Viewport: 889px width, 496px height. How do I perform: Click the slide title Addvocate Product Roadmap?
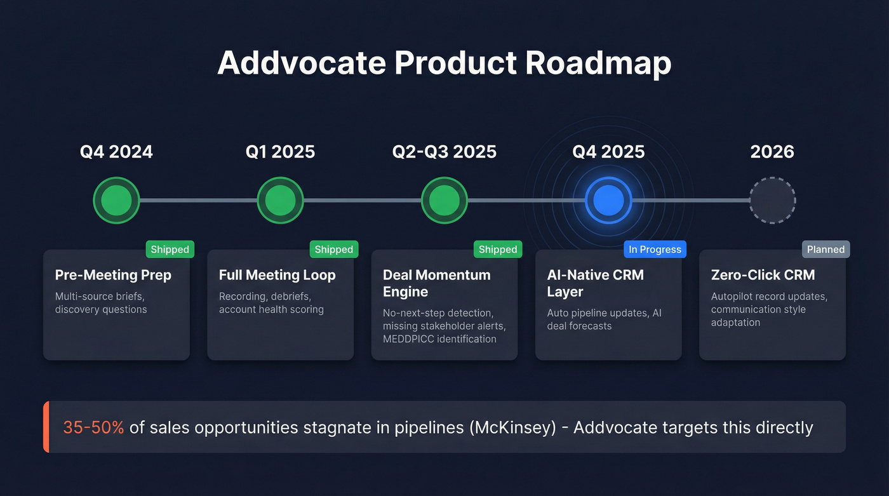444,64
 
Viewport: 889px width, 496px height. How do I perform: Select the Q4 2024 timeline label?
116,152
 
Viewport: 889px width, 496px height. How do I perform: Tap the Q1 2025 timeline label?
280,152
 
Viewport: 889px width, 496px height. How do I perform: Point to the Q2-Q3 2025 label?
444,152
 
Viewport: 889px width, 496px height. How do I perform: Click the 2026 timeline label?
772,152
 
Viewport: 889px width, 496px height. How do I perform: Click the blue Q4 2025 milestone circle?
608,201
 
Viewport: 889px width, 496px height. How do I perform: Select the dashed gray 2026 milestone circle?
772,201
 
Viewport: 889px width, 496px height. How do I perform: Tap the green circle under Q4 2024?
116,201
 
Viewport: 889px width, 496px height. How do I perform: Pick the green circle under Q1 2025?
280,201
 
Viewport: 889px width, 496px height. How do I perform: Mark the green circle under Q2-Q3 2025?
444,201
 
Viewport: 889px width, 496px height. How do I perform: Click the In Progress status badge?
655,250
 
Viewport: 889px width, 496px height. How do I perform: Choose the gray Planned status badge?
825,250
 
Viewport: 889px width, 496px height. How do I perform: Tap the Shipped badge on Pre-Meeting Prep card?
170,250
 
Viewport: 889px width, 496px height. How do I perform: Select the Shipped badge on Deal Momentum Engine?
498,250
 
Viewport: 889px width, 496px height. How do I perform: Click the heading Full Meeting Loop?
277,275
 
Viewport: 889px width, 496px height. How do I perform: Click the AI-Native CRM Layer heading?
595,283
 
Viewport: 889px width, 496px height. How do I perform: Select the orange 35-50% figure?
93,427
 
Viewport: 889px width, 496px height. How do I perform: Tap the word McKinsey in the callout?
516,427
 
